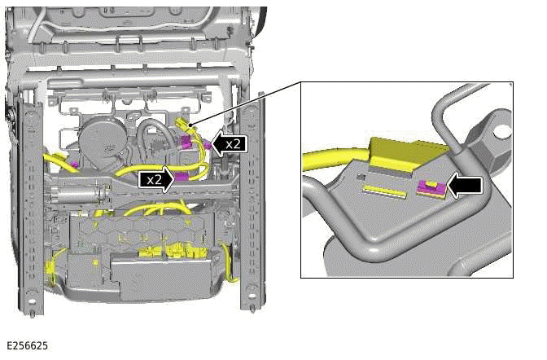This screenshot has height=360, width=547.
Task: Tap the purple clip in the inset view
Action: click(431, 190)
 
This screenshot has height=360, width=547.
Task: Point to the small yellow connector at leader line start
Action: click(183, 124)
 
